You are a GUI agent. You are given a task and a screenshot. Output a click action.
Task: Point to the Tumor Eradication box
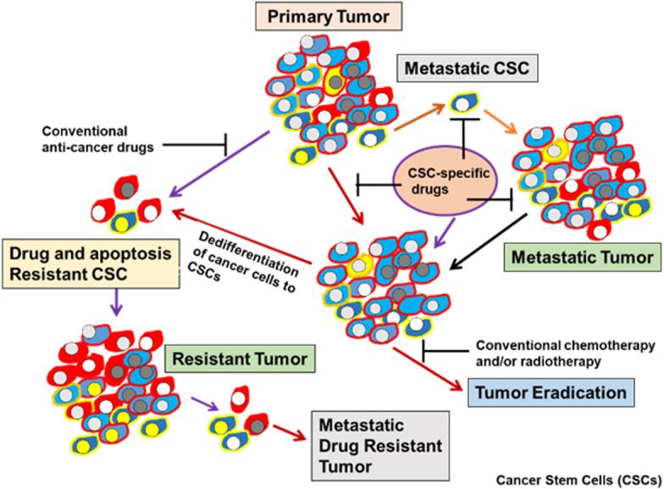(551, 392)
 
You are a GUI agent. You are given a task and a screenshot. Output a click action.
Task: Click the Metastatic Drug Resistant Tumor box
(368, 444)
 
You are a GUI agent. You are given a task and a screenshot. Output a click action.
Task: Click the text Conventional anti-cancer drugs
(84, 139)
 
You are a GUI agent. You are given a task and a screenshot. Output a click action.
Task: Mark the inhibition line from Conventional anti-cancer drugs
(196, 145)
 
